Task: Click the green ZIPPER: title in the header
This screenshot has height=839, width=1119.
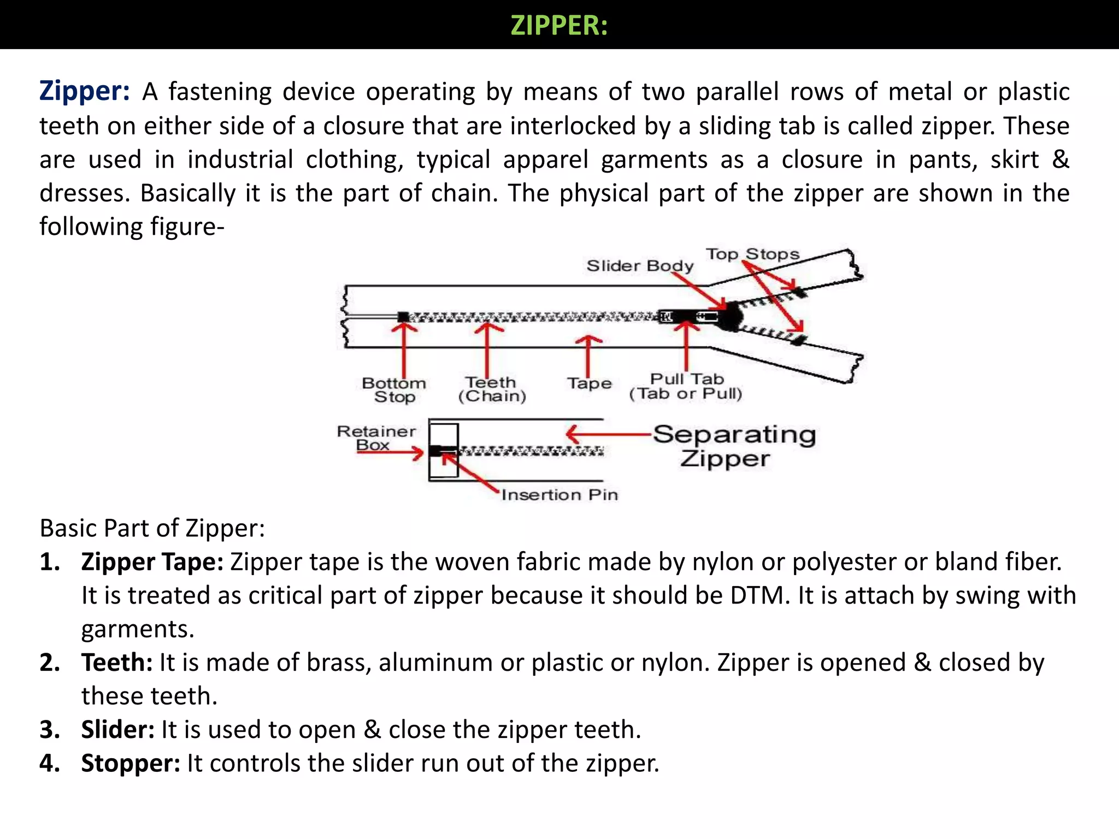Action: [x=559, y=26]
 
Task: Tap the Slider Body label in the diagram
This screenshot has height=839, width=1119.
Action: [x=640, y=265]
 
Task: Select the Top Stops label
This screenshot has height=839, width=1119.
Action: [x=752, y=254]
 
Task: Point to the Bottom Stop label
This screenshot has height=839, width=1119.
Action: [x=394, y=390]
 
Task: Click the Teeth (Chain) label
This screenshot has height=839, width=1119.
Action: [x=492, y=389]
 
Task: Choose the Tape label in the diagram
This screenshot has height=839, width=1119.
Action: [x=589, y=383]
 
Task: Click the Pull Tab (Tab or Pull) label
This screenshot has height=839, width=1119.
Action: [x=686, y=386]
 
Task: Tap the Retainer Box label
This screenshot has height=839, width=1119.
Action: [x=376, y=438]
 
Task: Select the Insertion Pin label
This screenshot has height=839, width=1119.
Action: [x=559, y=495]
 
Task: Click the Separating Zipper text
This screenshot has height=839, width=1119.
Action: [x=734, y=446]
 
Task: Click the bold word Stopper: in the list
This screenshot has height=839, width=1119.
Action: [x=131, y=763]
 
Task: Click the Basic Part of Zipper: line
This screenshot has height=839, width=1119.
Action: [x=152, y=528]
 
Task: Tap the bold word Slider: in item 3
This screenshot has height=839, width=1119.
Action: [x=118, y=730]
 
